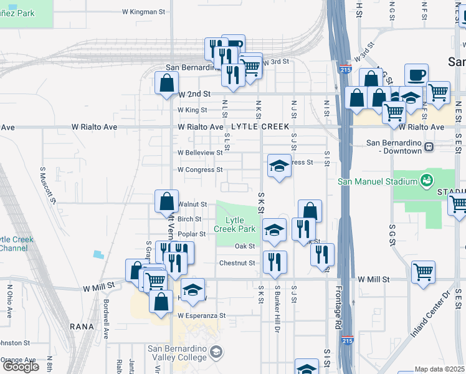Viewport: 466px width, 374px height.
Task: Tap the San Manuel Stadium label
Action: pos(376,181)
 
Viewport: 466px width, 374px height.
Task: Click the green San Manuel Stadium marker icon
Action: pos(427,181)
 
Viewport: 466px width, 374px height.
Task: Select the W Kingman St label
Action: pos(144,11)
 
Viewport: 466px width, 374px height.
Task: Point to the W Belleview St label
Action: pos(200,153)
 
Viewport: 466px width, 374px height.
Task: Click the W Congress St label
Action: pos(200,170)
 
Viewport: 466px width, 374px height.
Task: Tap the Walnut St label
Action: pos(193,204)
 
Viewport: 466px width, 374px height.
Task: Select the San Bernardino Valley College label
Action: pos(176,353)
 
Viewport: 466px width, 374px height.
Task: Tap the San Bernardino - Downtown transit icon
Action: pos(429,148)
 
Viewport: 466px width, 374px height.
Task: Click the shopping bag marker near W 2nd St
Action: pos(166,83)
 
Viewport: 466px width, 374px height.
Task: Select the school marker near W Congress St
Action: pos(278,166)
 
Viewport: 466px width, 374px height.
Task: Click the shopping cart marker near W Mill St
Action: pos(423,272)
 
